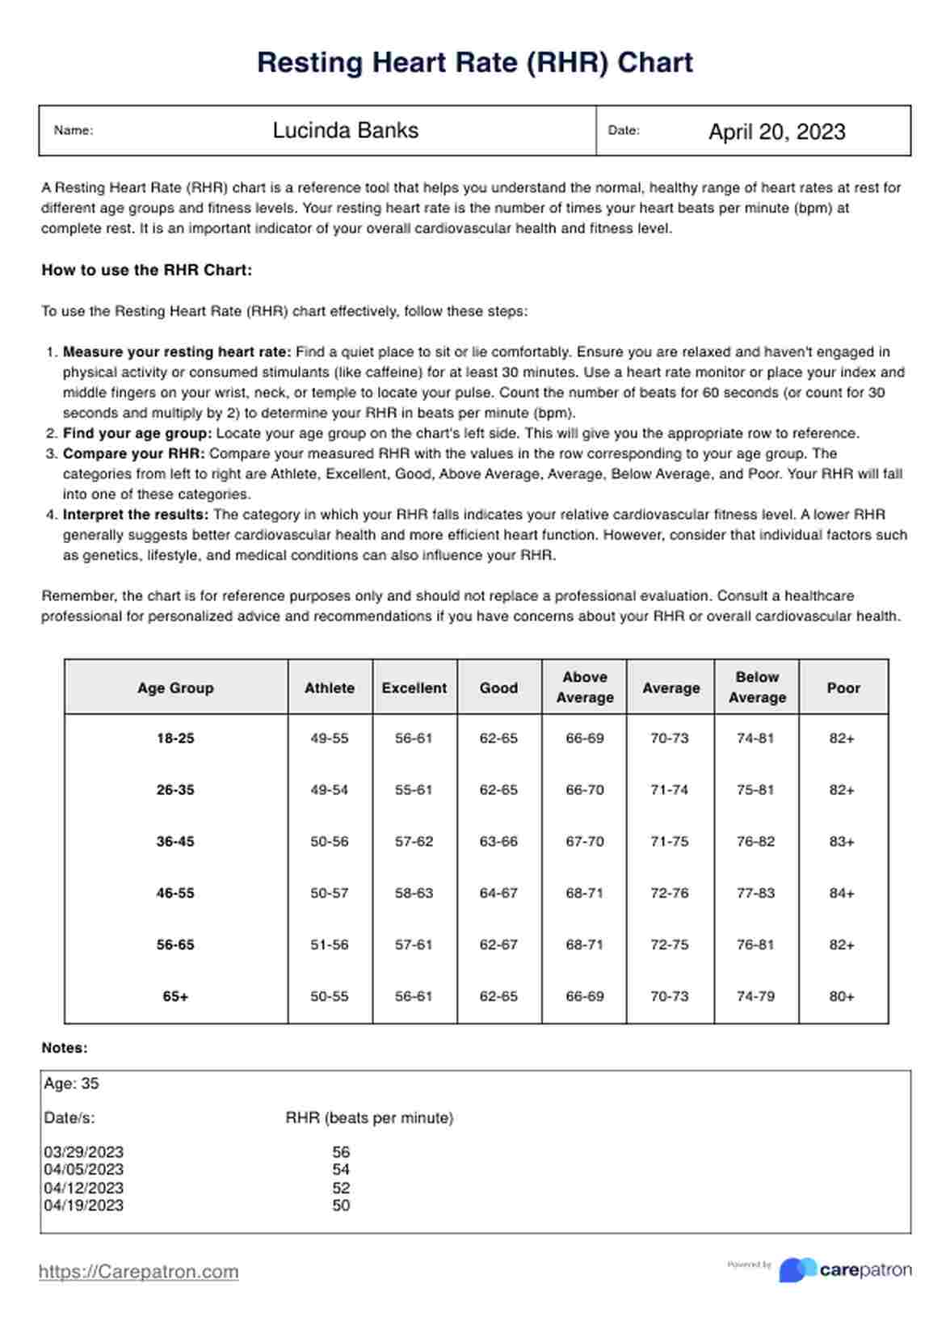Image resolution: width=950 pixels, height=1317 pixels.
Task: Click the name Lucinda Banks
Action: [345, 131]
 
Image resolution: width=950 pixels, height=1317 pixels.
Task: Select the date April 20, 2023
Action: [776, 132]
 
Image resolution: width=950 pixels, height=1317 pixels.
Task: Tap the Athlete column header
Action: [330, 688]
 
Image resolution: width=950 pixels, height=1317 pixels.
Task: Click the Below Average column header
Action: [757, 687]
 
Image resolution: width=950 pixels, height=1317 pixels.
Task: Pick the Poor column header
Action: [843, 688]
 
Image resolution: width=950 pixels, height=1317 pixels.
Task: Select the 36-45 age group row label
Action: [175, 841]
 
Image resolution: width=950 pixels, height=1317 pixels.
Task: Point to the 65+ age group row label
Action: [175, 996]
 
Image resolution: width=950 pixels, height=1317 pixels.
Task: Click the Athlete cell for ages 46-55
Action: [330, 893]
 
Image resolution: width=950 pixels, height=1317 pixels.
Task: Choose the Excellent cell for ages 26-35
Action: [414, 789]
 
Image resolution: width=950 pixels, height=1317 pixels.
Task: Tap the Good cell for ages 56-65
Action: [498, 945]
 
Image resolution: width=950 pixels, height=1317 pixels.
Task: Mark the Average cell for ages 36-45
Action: [670, 841]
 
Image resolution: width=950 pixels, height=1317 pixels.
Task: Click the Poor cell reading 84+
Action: [842, 893]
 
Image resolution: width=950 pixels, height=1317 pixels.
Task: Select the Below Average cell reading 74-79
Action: [755, 996]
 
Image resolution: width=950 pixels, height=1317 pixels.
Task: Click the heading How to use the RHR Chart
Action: [147, 270]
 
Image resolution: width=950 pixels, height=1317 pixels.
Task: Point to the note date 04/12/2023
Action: [84, 1188]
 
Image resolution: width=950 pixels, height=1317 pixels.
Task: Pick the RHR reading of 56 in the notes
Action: [341, 1152]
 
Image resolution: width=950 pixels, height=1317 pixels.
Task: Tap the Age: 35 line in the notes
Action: [72, 1083]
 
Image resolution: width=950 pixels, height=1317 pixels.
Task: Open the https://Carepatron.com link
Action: [139, 1272]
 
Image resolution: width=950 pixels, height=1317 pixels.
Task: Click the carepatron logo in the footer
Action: [845, 1270]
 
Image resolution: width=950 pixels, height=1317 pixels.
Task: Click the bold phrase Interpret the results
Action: [136, 515]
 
